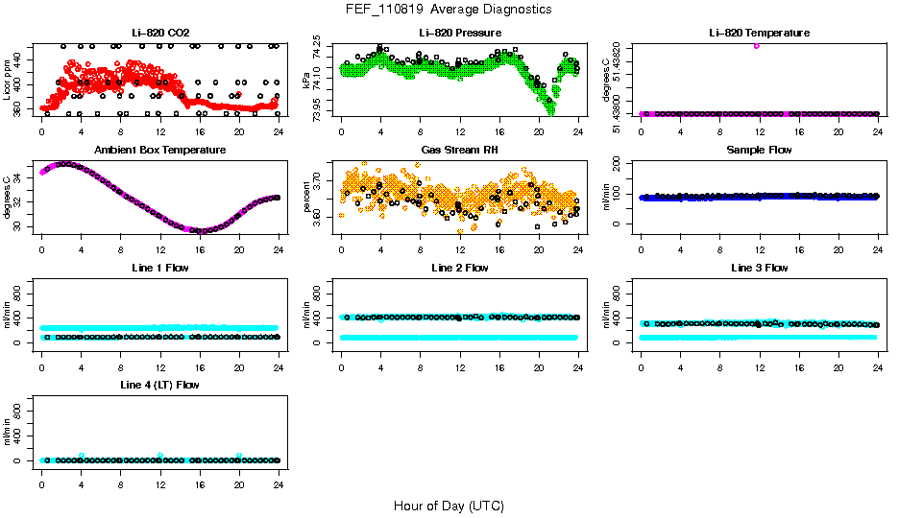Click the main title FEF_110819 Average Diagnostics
449,10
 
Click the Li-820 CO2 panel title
159,33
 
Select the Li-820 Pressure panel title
459,33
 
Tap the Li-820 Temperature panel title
759,33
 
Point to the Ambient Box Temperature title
159,151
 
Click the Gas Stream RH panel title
459,151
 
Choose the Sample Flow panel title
759,151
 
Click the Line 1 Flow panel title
159,268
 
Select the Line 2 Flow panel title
459,268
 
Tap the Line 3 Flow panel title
759,268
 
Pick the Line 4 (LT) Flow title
159,385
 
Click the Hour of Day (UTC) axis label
449,506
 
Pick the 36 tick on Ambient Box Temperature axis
18,165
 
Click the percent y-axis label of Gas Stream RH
306,197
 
